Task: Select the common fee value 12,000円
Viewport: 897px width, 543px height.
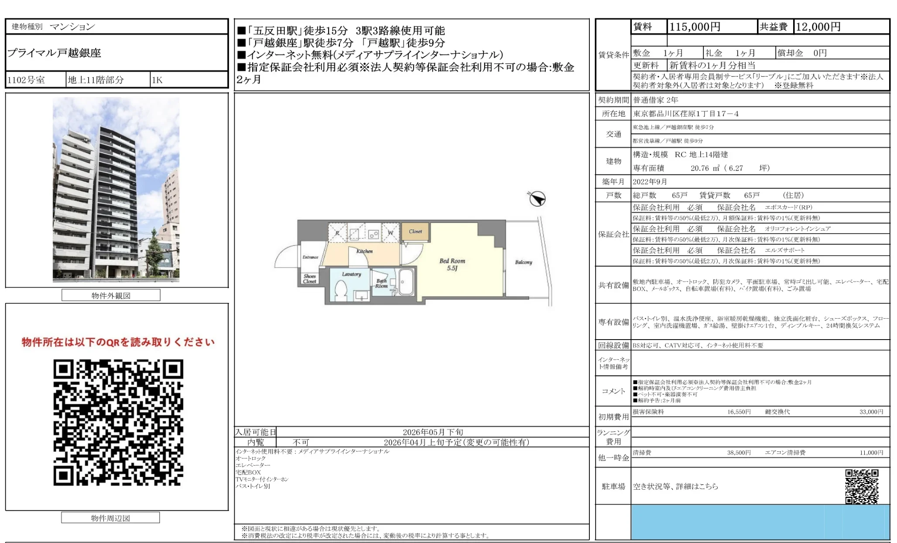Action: point(818,27)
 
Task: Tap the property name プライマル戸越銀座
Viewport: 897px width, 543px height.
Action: point(54,53)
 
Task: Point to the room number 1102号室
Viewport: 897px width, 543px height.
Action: point(26,80)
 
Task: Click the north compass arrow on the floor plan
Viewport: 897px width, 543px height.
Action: point(537,199)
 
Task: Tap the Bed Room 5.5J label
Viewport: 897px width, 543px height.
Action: point(452,265)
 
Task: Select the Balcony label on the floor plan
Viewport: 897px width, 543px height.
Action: point(524,262)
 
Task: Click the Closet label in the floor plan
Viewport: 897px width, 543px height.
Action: point(415,232)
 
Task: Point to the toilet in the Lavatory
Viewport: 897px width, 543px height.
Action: point(341,289)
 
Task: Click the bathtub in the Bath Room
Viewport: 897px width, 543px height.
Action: point(406,282)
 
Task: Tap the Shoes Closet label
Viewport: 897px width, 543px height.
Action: point(310,279)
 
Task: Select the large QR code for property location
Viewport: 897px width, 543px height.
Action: point(118,422)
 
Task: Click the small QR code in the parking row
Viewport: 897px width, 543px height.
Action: point(862,486)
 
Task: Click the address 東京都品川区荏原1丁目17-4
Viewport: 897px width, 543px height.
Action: point(686,114)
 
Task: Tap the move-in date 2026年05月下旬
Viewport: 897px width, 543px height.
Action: point(433,432)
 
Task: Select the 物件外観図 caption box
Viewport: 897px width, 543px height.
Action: point(111,296)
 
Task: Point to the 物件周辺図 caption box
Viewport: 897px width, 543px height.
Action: point(110,518)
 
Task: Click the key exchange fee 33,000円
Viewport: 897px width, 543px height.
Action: point(871,412)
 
